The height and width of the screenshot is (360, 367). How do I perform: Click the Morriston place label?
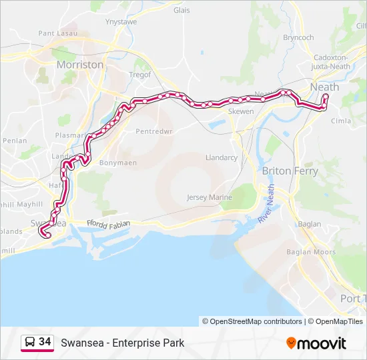pyautogui.click(x=80, y=65)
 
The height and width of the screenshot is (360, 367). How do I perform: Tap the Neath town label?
pyautogui.click(x=325, y=87)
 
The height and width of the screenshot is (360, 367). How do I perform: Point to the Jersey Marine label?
pyautogui.click(x=210, y=197)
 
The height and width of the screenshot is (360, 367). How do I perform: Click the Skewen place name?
pyautogui.click(x=241, y=111)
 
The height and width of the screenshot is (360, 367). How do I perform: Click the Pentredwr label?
pyautogui.click(x=154, y=131)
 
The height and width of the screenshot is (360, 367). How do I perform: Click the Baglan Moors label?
pyautogui.click(x=311, y=252)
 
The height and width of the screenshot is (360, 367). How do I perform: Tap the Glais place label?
pyautogui.click(x=181, y=10)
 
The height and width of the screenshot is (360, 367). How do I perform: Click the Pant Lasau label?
pyautogui.click(x=57, y=33)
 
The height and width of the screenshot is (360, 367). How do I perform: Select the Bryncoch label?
pyautogui.click(x=298, y=38)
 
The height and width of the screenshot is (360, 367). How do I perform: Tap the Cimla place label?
pyautogui.click(x=341, y=121)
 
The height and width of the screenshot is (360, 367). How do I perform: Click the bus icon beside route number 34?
pyautogui.click(x=29, y=343)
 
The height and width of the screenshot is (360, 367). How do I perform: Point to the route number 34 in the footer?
pyautogui.click(x=45, y=342)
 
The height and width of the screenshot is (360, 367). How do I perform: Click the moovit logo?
pyautogui.click(x=316, y=343)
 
